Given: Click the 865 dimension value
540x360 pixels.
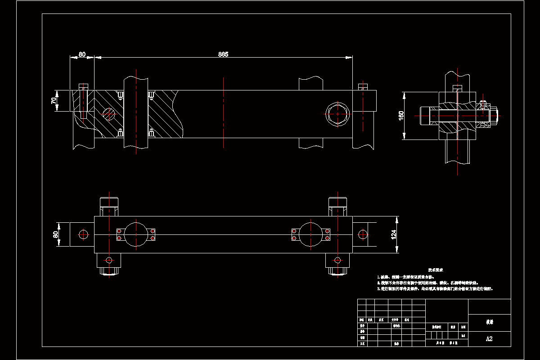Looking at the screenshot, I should click(223, 54).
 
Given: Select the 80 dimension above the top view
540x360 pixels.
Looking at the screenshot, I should click(82, 54).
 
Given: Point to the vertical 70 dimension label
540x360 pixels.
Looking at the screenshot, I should click(54, 101).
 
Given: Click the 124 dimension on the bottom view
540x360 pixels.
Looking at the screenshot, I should click(393, 234).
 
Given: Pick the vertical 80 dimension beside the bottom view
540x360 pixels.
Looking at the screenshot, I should click(56, 234).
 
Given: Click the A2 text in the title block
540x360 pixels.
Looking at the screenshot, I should click(489, 339).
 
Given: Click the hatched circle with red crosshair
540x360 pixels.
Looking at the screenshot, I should click(109, 114).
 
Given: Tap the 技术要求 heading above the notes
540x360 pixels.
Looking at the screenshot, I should click(436, 270).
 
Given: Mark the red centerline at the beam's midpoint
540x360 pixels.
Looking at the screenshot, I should click(223, 112).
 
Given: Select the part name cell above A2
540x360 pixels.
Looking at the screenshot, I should click(489, 323).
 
